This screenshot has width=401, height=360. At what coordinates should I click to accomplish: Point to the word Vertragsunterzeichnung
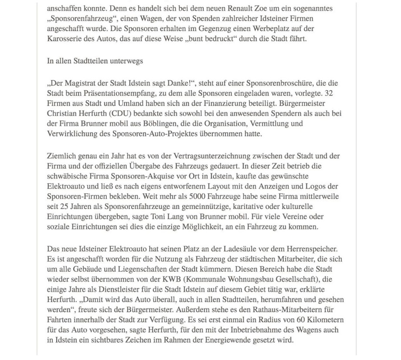194,156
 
